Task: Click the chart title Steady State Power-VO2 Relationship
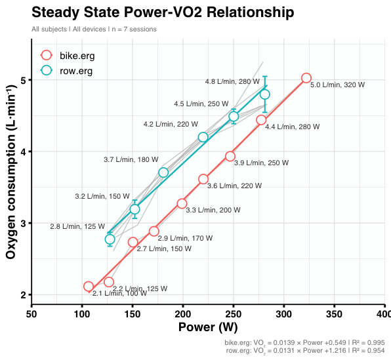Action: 163,12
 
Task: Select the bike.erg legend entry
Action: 68,55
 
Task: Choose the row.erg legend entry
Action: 66,71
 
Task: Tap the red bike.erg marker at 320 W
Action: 306,78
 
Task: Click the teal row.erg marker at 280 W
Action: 265,94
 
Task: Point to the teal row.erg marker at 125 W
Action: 110,239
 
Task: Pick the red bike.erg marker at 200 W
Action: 182,203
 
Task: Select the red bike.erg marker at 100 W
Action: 89,287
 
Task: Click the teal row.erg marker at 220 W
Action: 203,137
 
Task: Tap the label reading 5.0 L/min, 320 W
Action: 337,85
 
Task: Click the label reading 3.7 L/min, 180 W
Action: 131,159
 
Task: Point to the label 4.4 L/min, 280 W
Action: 292,127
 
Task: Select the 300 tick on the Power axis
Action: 284,314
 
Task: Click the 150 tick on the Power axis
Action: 133,314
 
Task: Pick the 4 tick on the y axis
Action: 24,151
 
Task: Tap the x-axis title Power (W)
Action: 208,327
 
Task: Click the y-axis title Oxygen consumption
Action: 11,172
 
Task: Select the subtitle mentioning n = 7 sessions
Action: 94,29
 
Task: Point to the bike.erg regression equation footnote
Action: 304,343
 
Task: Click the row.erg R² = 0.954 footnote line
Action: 305,351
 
